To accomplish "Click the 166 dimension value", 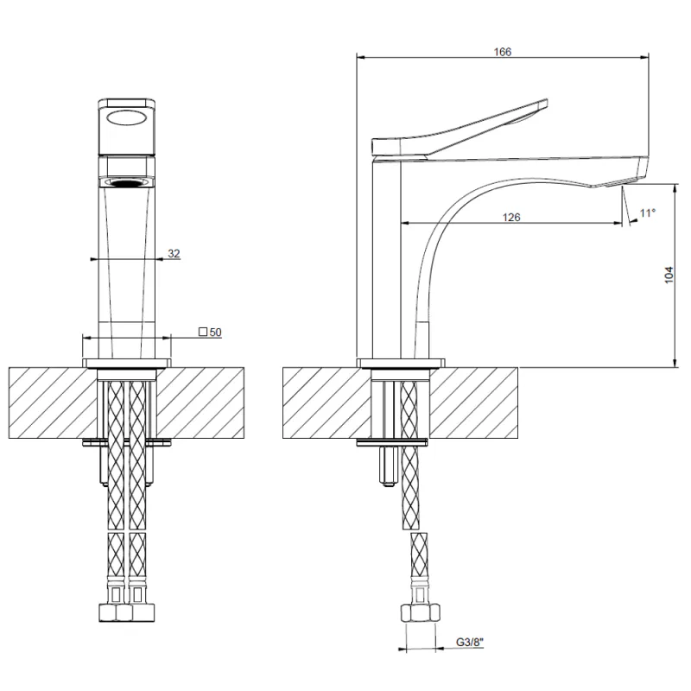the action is coord(503,52).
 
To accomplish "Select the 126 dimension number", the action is coord(511,218).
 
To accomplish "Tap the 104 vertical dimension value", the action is coord(669,275).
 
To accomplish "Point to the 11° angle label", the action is coord(648,212).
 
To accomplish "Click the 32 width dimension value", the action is coord(174,253).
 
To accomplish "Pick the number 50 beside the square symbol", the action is coord(215,333).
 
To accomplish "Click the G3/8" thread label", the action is coord(470,642).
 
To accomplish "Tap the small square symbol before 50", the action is coord(203,332).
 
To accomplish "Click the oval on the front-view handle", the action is coord(127,117).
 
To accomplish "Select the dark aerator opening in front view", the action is coord(127,183).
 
